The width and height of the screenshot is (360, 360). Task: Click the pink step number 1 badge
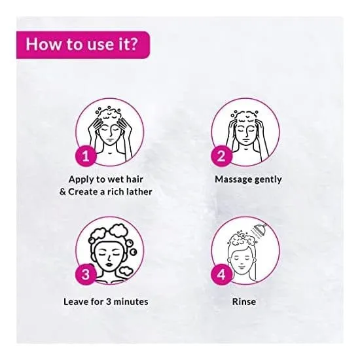point(85,156)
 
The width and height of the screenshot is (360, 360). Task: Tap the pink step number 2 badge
point(221,156)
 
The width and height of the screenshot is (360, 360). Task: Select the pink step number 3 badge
point(85,274)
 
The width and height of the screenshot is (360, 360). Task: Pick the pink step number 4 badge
point(221,274)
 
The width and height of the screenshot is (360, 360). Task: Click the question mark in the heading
point(133,44)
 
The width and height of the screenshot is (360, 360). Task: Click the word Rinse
point(244,302)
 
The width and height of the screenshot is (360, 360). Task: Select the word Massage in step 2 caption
point(233,179)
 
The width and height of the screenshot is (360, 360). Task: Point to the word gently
point(268,180)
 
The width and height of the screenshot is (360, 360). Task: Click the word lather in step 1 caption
point(139,192)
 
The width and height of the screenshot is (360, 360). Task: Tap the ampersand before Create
point(63,192)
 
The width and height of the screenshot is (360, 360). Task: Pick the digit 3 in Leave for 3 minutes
point(109,302)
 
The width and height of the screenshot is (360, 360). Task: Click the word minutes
point(131,302)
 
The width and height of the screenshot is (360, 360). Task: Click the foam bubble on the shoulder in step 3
point(126,271)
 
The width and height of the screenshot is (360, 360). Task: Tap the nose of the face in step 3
point(109,259)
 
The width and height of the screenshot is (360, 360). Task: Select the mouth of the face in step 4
point(241,267)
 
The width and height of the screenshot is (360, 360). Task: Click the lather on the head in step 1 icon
point(109,113)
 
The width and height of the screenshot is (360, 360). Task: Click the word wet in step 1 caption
point(116,179)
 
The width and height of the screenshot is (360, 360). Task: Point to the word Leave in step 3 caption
point(75,302)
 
